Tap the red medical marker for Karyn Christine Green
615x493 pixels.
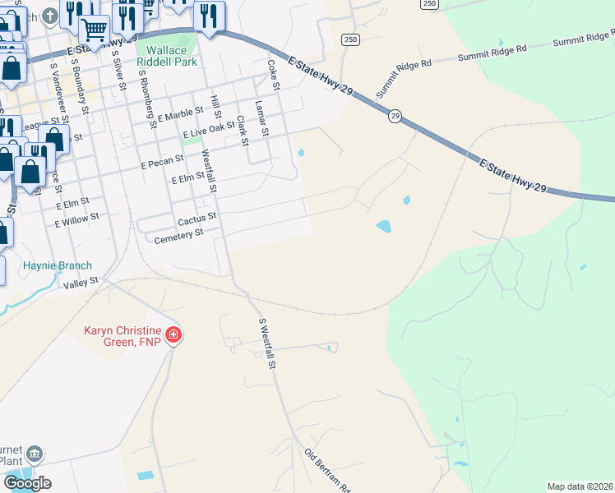(173, 335)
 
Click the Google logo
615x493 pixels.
(27, 483)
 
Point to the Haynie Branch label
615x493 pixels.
(58, 265)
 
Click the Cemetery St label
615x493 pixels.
(178, 235)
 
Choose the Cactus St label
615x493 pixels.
(197, 219)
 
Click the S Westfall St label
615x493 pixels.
(266, 343)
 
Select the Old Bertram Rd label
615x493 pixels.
(327, 469)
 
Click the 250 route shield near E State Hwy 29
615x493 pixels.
(350, 39)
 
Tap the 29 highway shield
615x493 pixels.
(395, 117)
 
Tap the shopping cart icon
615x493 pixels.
(94, 30)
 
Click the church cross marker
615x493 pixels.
(50, 16)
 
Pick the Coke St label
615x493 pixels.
(272, 70)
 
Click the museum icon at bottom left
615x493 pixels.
(34, 454)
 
